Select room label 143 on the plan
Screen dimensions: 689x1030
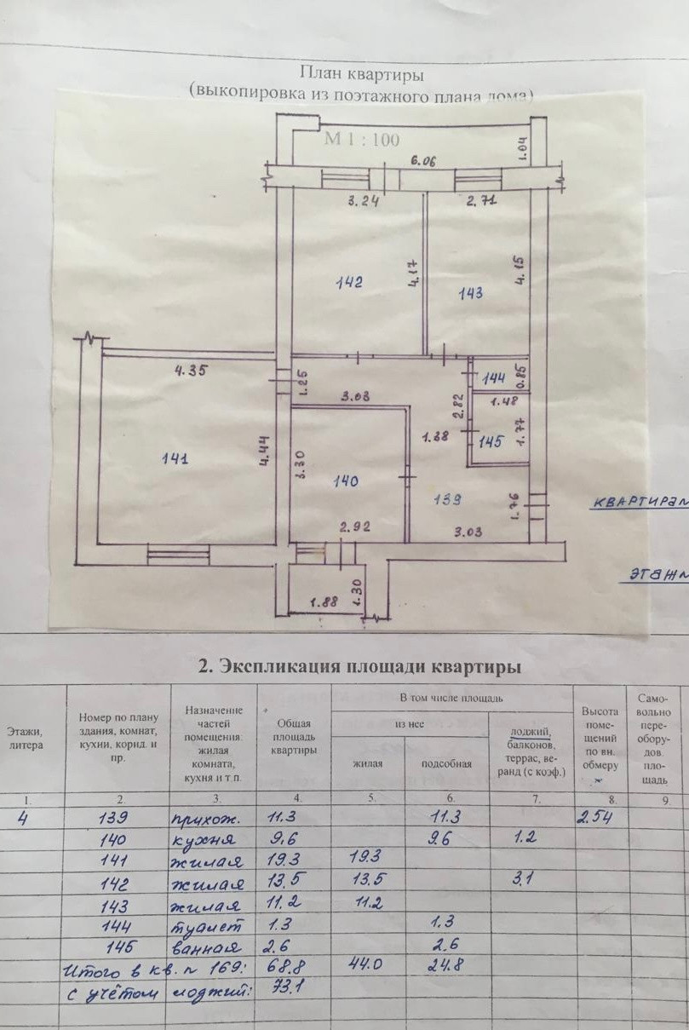(x=471, y=293)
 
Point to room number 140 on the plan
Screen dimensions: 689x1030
(x=346, y=481)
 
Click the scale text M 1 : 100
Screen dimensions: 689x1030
(x=361, y=141)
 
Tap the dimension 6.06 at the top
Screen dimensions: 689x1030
(x=422, y=160)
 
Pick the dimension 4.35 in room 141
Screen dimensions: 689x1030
(x=192, y=371)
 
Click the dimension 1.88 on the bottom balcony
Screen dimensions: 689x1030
(x=324, y=602)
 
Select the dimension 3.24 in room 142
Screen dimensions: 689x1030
(x=363, y=202)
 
